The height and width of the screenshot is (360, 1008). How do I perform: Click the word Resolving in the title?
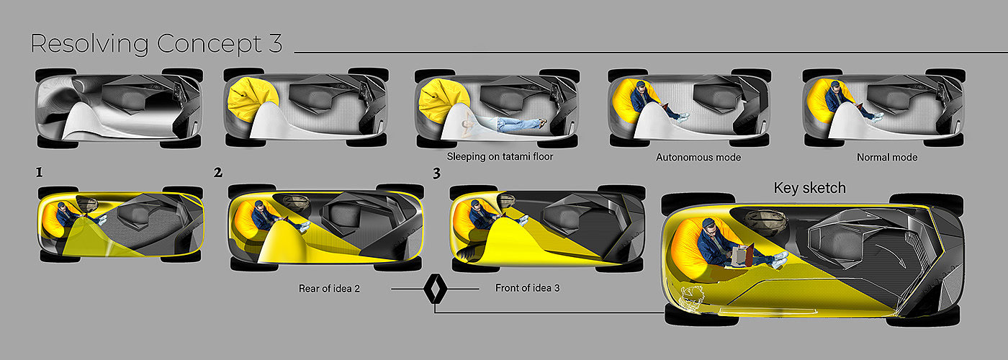[89, 45]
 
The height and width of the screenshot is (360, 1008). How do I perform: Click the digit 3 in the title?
[275, 44]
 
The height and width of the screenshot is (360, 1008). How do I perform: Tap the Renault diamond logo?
[435, 289]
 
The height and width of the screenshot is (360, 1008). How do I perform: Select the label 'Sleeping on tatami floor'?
[500, 157]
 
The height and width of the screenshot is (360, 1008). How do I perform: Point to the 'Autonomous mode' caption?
[698, 158]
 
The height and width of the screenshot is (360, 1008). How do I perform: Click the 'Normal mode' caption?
[887, 158]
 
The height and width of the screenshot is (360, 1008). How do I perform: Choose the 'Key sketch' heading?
[809, 188]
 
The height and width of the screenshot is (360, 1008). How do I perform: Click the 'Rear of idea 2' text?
[330, 289]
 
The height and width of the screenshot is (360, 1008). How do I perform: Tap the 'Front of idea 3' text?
[527, 288]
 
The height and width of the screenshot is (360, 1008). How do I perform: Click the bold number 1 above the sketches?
[39, 172]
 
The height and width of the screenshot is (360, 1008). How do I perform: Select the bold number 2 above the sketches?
[218, 172]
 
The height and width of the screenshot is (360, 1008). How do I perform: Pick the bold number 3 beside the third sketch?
[436, 174]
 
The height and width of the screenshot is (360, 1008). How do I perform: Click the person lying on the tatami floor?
[504, 123]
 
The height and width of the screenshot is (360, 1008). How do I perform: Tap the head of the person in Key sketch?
[710, 228]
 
